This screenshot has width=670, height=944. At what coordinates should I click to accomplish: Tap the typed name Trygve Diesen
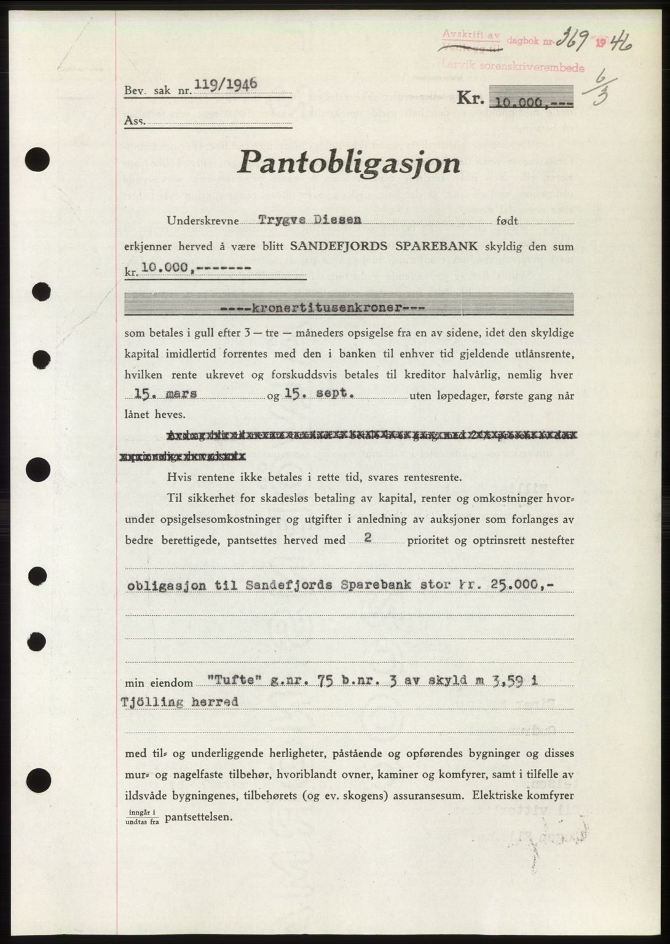pyautogui.click(x=310, y=219)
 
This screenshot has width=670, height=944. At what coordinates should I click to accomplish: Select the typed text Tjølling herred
pyautogui.click(x=182, y=702)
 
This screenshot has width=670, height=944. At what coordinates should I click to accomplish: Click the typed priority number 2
pyautogui.click(x=368, y=537)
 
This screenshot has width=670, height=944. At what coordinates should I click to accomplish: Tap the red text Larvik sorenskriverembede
pyautogui.click(x=534, y=68)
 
